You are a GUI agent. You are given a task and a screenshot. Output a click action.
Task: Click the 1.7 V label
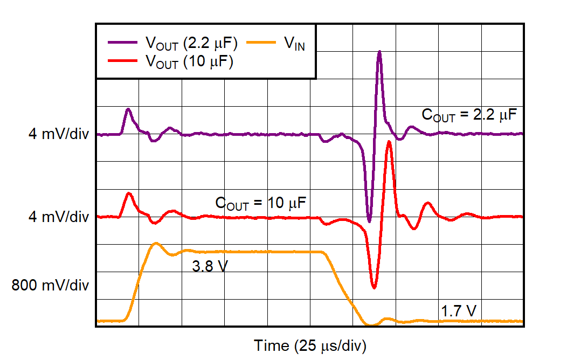(x=459, y=311)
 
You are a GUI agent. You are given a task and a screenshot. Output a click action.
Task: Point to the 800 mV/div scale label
(x=51, y=285)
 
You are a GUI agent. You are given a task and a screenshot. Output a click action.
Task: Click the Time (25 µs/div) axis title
(x=310, y=345)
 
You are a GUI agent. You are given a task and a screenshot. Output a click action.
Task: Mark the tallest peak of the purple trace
(x=379, y=52)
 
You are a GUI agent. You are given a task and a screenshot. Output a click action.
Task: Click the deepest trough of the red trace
(x=374, y=288)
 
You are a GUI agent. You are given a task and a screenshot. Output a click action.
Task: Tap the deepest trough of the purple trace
(x=369, y=221)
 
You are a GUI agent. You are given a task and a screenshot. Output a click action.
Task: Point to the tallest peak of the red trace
(x=389, y=142)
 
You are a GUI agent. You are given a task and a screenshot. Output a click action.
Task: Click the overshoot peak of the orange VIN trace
(x=156, y=243)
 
